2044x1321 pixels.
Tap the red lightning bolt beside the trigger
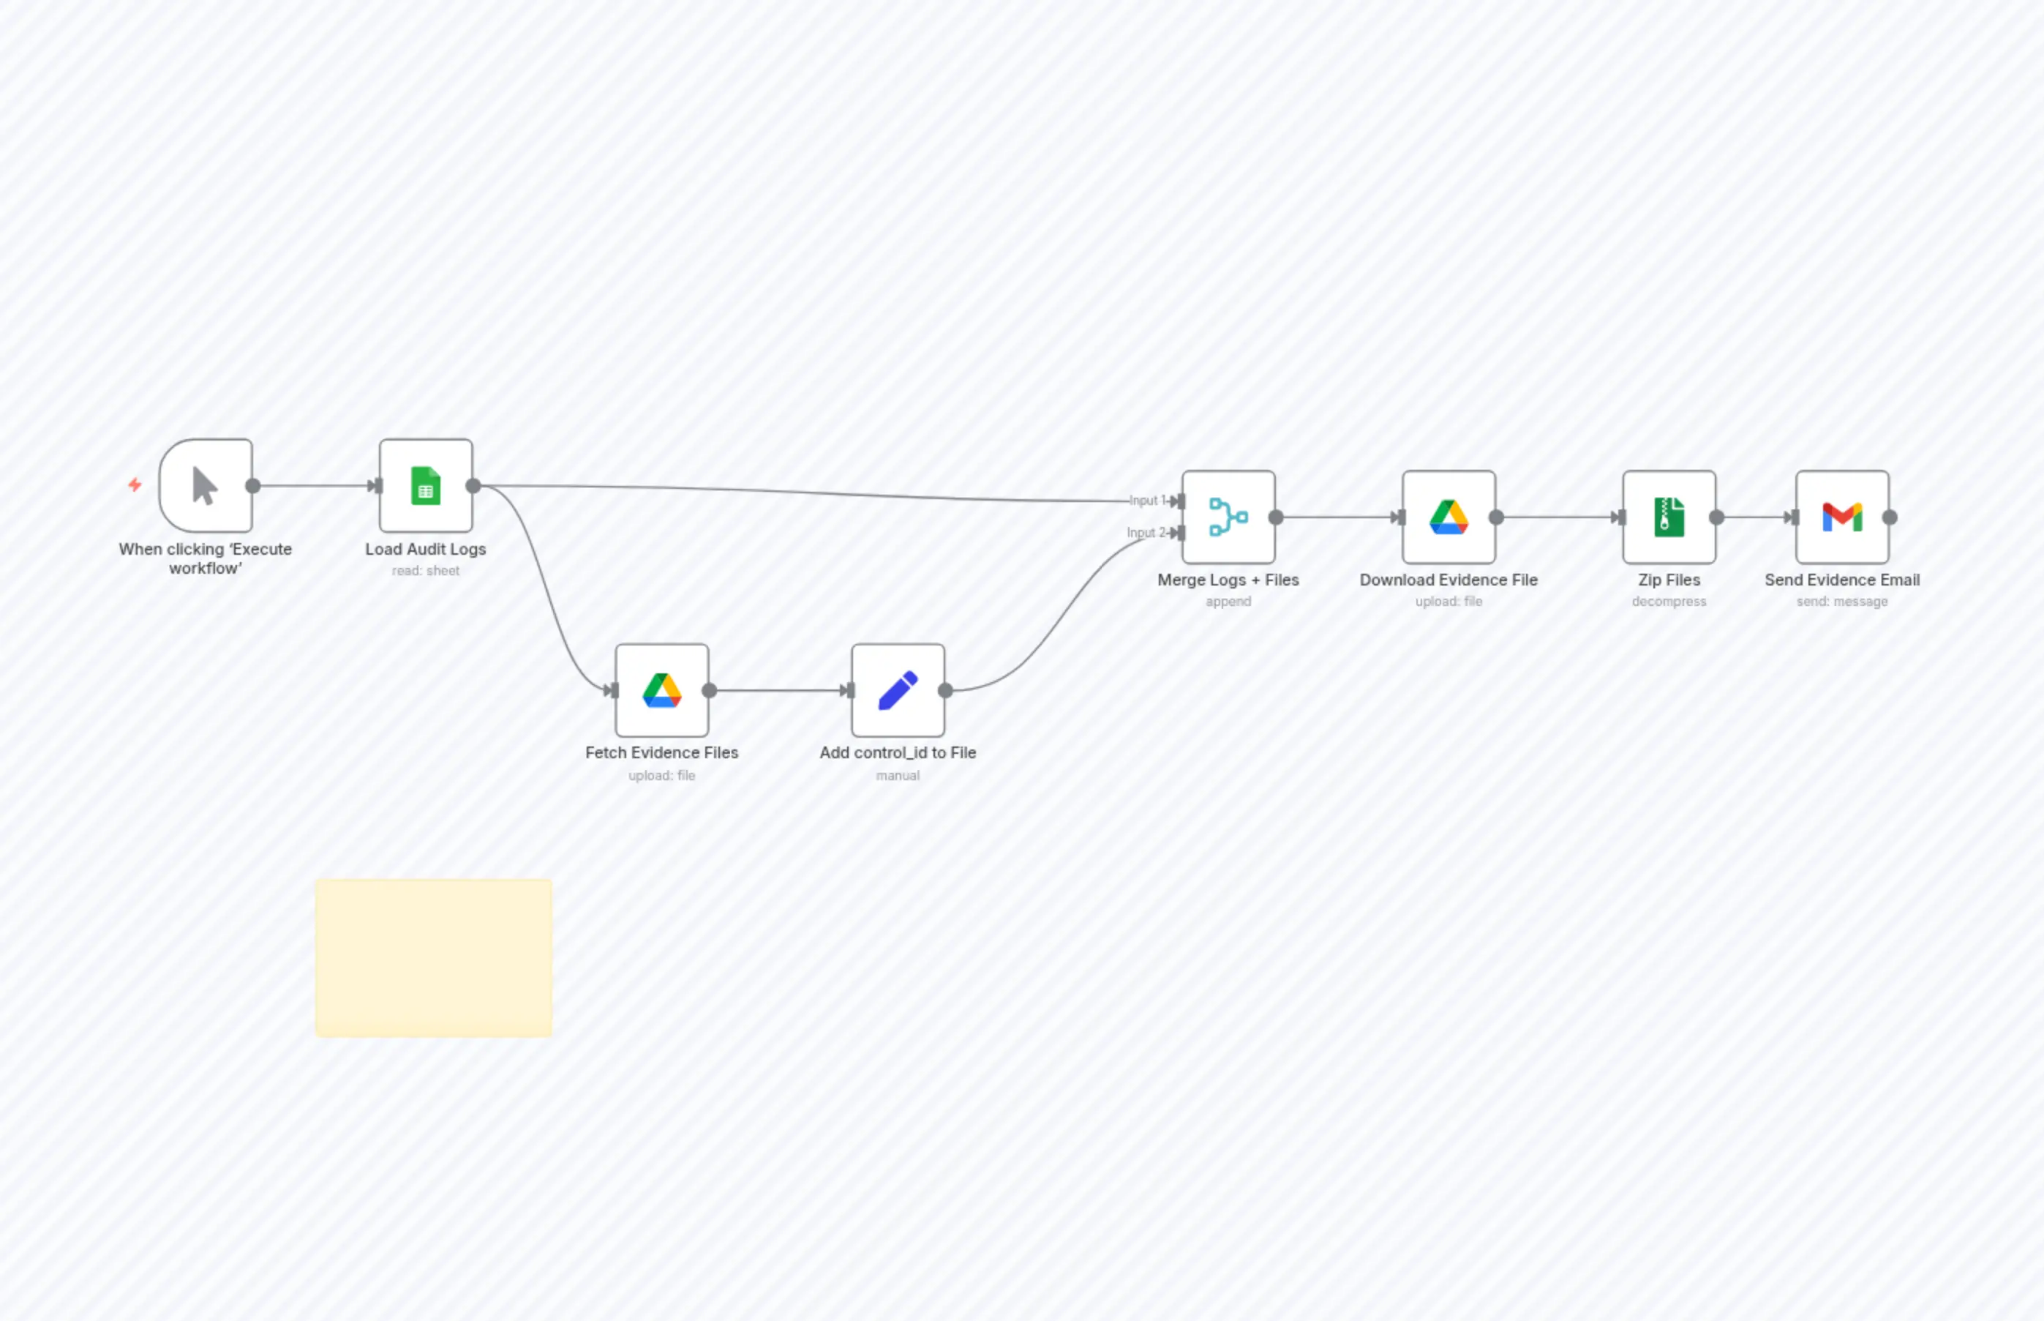click(x=135, y=484)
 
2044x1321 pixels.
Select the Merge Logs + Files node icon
click(x=1228, y=517)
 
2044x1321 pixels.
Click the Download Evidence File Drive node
click(x=1448, y=517)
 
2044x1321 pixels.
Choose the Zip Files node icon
click(x=1669, y=517)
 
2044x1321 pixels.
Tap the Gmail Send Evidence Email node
click(x=1841, y=517)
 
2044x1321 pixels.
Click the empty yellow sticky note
click(x=433, y=957)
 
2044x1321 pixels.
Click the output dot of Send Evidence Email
click(x=1890, y=517)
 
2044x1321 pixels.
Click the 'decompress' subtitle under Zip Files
click(x=1669, y=602)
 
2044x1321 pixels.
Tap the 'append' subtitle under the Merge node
click(x=1228, y=602)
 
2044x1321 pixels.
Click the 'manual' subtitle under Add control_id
click(x=898, y=776)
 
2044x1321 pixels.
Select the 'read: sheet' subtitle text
click(x=425, y=570)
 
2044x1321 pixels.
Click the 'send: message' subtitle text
click(x=1841, y=602)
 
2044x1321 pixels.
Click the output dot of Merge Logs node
click(x=1276, y=517)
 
